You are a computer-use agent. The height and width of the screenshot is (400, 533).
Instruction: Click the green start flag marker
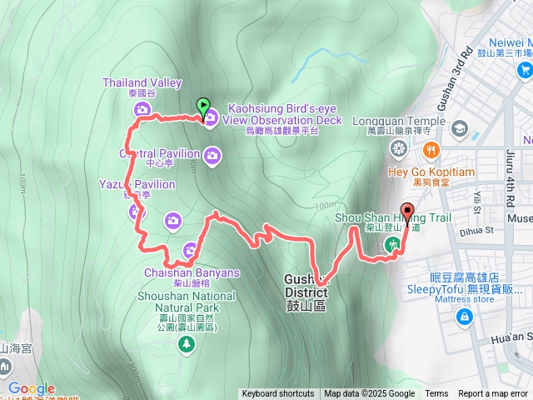point(202,107)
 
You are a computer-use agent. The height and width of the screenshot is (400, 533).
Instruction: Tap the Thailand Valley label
point(142,82)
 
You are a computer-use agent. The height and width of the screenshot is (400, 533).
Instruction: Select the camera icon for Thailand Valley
point(143,110)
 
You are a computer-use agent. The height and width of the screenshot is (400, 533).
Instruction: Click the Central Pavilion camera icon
point(212,154)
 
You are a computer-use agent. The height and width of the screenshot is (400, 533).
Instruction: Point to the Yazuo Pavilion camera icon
point(137,211)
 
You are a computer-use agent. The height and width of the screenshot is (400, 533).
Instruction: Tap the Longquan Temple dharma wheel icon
point(399,149)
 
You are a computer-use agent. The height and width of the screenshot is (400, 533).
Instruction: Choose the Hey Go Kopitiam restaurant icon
point(431,150)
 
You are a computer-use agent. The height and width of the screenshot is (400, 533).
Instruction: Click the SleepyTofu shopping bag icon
point(462,317)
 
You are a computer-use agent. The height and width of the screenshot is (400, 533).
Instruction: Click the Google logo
point(31,388)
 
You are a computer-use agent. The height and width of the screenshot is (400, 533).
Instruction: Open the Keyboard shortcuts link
point(277,394)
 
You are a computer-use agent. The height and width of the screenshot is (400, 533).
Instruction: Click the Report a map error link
point(493,394)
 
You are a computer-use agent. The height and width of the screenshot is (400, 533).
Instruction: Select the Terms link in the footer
point(436,394)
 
